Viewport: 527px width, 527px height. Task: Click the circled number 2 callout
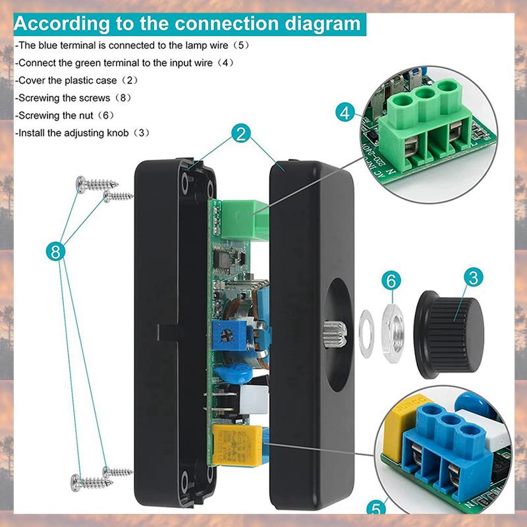(x=241, y=135)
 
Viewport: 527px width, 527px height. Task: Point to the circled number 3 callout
(x=472, y=277)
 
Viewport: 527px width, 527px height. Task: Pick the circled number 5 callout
(x=376, y=508)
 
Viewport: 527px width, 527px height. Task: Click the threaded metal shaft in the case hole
(x=331, y=327)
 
